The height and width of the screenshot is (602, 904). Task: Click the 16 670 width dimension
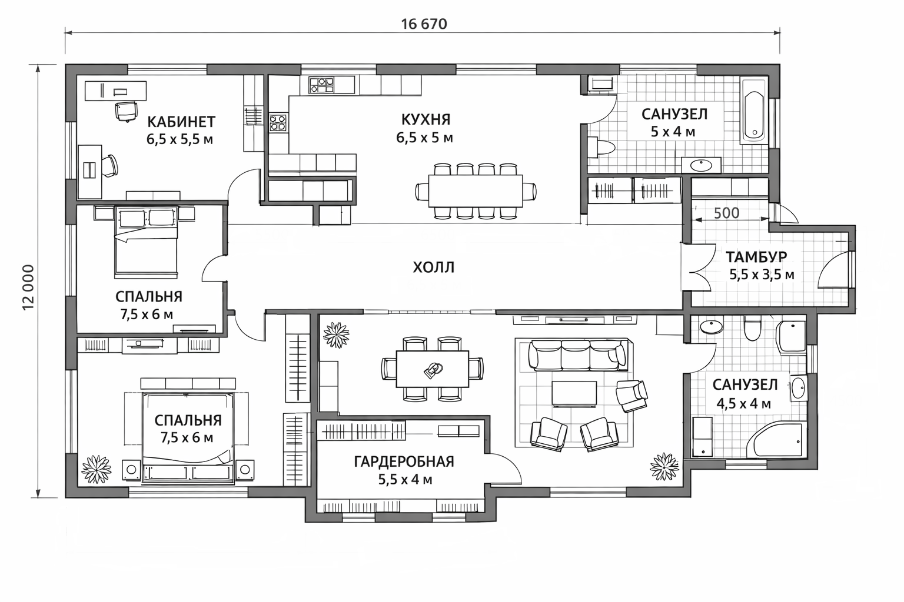424,24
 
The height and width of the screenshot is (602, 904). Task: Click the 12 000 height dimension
28,287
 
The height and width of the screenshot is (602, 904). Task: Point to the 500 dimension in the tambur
726,213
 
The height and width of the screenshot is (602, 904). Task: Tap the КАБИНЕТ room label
181,121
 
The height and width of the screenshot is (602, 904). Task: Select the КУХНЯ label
426,120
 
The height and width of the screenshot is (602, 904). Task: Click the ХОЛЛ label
433,267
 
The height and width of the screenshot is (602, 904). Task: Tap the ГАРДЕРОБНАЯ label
404,461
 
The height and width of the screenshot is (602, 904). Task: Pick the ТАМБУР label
756,257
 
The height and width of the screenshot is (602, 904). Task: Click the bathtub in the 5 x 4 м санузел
753,111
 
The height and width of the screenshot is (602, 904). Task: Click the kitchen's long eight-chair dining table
476,190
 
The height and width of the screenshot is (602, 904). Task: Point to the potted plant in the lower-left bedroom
96,469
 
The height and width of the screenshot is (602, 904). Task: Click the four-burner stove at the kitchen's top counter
321,85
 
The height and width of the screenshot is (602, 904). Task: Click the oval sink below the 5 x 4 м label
701,165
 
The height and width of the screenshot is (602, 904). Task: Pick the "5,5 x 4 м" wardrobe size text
405,480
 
